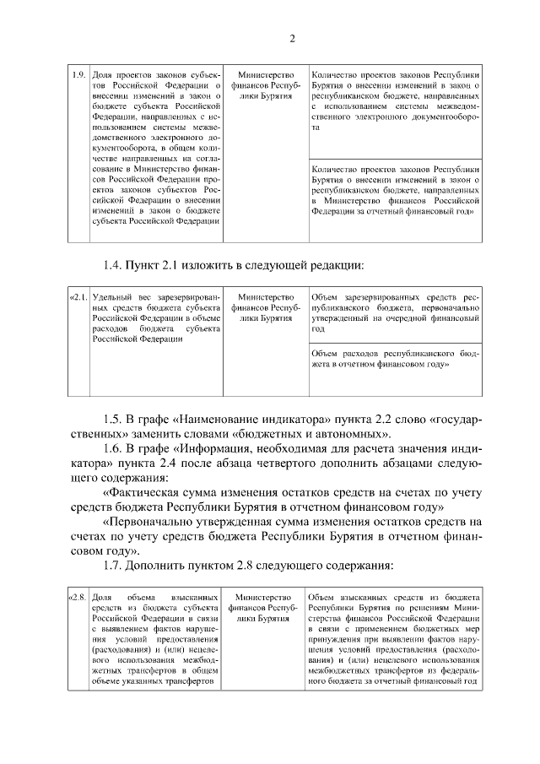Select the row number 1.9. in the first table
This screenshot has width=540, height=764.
pyautogui.click(x=78, y=74)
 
